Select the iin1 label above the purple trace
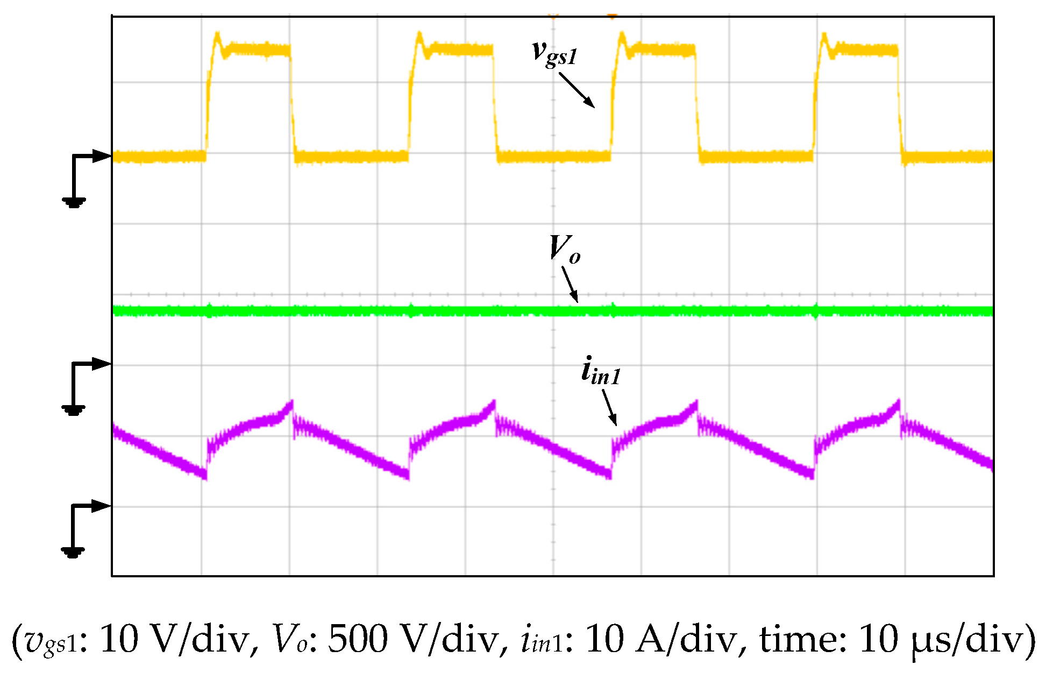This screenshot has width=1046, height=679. (x=601, y=371)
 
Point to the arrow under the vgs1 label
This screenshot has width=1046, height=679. (x=577, y=90)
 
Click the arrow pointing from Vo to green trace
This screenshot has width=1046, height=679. (x=570, y=285)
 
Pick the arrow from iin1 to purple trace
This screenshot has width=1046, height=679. (x=609, y=407)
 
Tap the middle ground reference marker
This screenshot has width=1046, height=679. (x=74, y=410)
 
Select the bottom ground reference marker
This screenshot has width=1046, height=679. (x=73, y=552)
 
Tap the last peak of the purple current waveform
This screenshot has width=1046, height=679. (x=898, y=401)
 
